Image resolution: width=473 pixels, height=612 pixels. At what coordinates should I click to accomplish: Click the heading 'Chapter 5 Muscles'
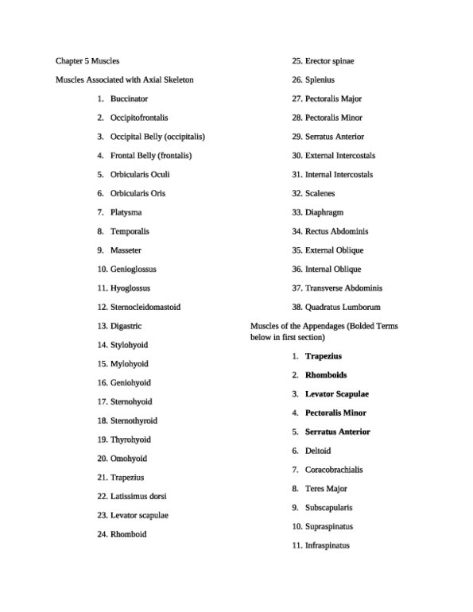click(87, 61)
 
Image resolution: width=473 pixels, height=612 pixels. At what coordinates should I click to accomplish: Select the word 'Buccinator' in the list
click(129, 99)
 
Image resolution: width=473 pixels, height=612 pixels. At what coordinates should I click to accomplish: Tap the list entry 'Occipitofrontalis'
click(139, 118)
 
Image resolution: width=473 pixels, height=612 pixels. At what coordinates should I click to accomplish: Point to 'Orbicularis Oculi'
click(140, 174)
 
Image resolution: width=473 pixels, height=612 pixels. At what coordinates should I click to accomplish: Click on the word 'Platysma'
click(126, 212)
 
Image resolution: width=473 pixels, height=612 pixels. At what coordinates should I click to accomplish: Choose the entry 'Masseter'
click(126, 250)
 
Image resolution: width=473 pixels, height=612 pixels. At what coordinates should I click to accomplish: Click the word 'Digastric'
click(126, 326)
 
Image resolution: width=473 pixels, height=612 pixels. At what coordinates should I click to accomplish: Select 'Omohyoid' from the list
click(129, 459)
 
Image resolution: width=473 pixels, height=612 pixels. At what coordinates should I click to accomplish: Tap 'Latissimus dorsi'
click(138, 497)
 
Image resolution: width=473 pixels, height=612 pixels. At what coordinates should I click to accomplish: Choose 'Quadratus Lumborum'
click(343, 307)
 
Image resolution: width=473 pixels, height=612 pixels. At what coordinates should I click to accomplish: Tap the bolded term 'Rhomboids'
click(326, 375)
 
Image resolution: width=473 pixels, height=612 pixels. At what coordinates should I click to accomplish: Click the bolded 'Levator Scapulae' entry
click(337, 394)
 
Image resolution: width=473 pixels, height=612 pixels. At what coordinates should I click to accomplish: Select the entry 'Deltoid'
click(318, 451)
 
